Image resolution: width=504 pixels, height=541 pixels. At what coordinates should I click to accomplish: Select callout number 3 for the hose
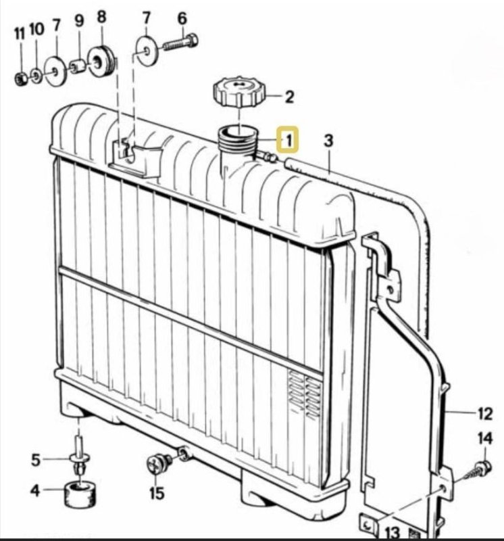(x=329, y=141)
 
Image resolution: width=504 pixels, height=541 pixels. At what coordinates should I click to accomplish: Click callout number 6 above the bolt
(x=182, y=18)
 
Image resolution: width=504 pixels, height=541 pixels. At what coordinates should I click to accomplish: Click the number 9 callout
(x=79, y=21)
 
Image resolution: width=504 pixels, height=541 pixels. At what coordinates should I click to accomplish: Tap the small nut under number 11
(x=20, y=79)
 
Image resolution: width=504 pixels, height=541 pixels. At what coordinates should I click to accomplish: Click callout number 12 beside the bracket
(x=485, y=412)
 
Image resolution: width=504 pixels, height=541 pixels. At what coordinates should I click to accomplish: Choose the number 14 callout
(x=485, y=439)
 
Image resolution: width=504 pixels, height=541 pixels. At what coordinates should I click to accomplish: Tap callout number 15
(x=157, y=493)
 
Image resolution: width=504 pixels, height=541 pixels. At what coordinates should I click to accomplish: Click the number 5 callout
(x=36, y=461)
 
